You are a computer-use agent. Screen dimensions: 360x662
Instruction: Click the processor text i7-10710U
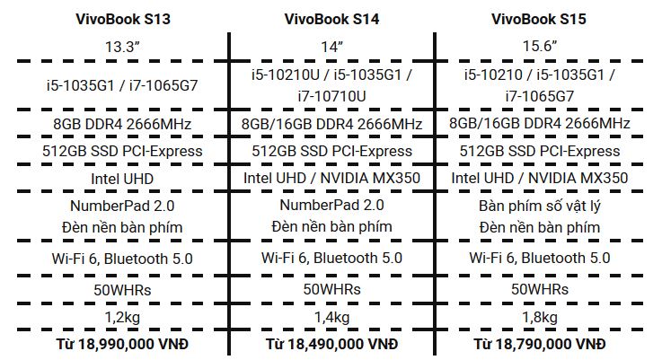click(331, 95)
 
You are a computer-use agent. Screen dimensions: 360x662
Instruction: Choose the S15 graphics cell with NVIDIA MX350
click(539, 179)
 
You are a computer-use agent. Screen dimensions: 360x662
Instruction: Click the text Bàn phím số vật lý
click(539, 206)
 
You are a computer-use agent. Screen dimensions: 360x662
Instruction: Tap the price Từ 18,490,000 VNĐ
click(331, 344)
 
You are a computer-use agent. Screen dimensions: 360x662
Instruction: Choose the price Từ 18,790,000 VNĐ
click(539, 344)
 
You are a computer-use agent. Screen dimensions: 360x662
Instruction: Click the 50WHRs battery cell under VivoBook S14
click(331, 289)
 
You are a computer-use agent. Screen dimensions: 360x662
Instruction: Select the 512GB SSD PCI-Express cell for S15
click(539, 151)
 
